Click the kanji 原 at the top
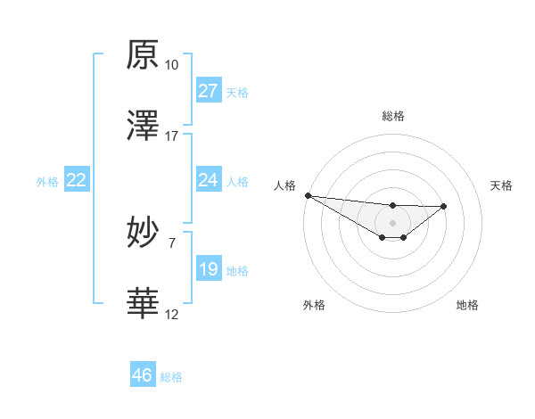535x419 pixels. [143, 54]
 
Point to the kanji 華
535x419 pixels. [143, 303]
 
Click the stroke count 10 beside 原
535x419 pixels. [171, 65]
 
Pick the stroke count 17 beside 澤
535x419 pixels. [171, 136]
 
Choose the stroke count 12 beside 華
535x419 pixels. [171, 314]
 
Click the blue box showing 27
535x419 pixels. [208, 91]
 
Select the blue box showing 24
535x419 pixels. [208, 180]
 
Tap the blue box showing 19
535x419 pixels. [208, 269]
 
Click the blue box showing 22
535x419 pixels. [77, 180]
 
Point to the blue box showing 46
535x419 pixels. [142, 375]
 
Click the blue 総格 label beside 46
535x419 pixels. [171, 377]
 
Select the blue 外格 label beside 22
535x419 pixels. [47, 182]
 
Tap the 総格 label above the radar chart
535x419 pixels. [392, 116]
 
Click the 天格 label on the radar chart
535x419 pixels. [501, 185]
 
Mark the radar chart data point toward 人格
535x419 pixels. [308, 195]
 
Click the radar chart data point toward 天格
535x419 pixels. [444, 206]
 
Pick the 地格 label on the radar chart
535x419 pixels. [467, 305]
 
